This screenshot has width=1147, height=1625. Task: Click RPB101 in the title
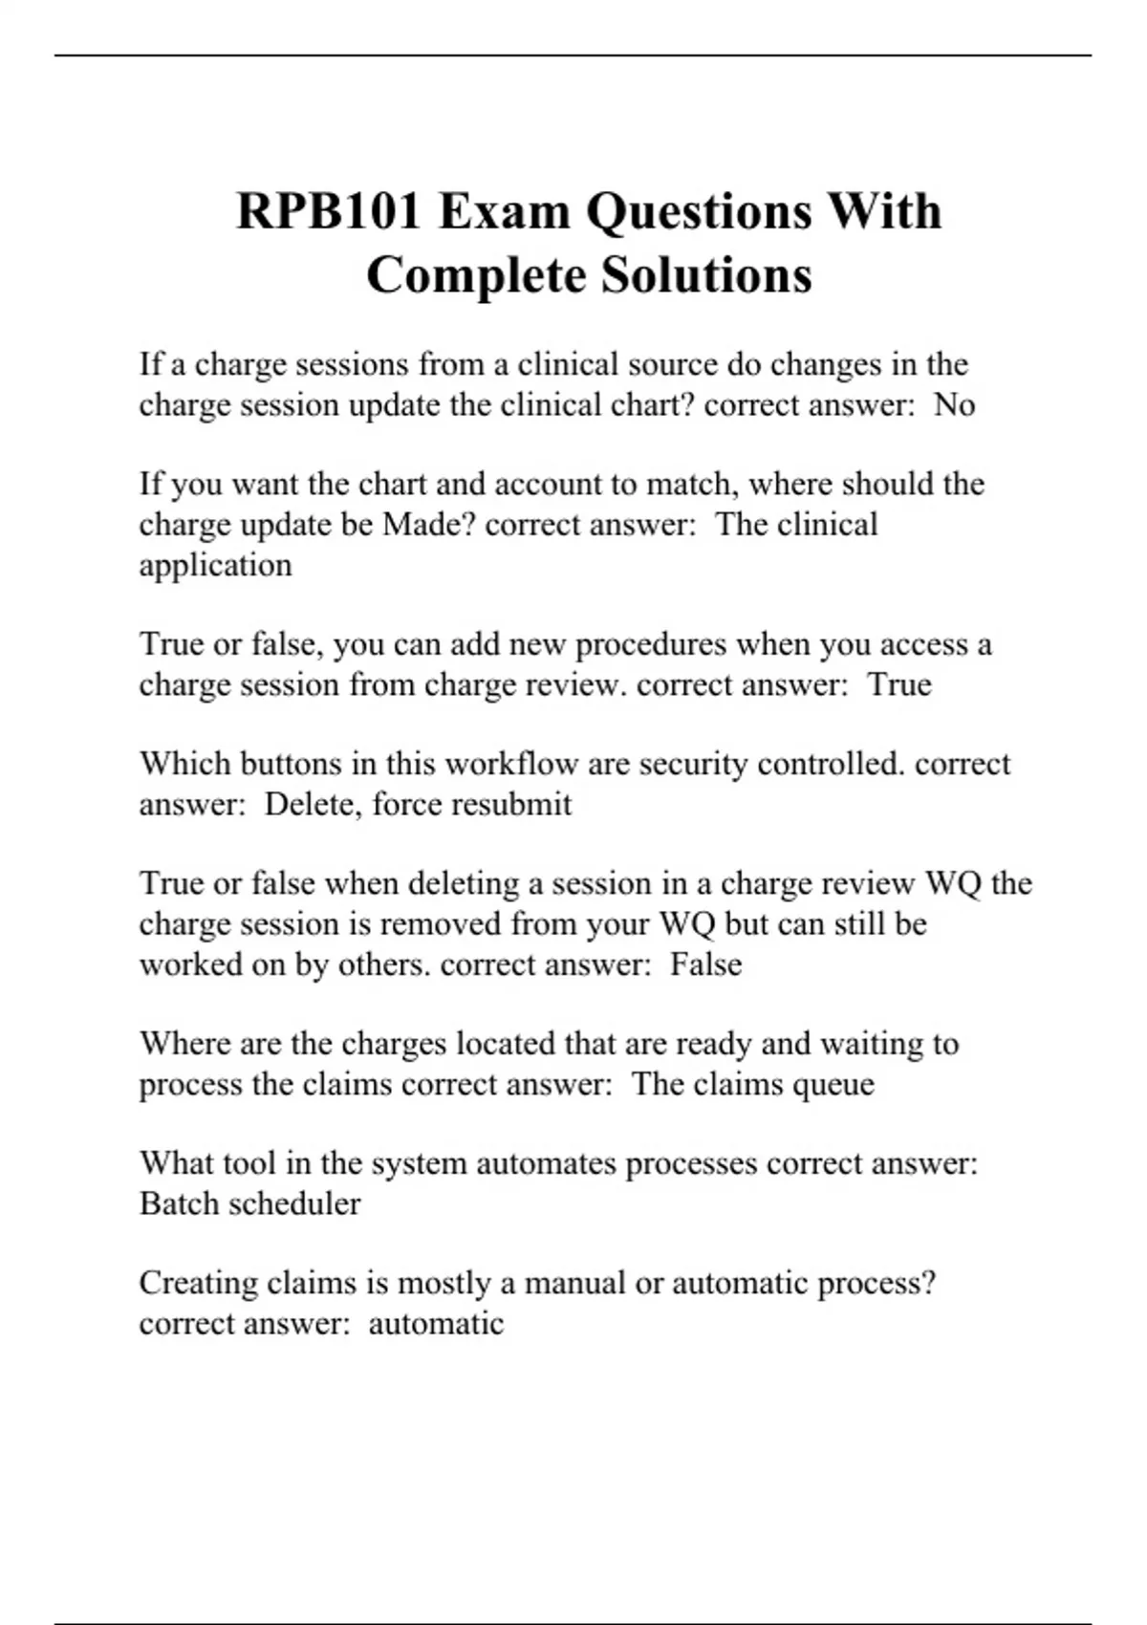pos(329,211)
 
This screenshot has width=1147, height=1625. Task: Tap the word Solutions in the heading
pos(706,275)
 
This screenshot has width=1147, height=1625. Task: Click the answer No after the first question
pos(954,405)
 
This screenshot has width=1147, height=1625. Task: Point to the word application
pos(215,566)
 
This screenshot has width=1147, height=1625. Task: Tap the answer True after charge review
pos(899,684)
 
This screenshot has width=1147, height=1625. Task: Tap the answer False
pos(705,964)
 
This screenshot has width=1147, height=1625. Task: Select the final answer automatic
pos(436,1324)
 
